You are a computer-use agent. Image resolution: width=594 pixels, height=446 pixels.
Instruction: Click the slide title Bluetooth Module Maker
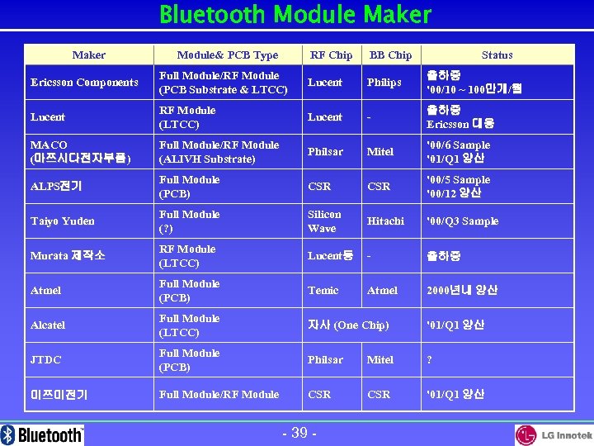[295, 15]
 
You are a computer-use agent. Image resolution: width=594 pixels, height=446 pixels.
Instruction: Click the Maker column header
[89, 55]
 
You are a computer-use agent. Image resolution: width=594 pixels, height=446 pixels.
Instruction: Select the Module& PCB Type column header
[228, 55]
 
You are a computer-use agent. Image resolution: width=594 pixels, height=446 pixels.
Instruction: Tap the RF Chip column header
[331, 55]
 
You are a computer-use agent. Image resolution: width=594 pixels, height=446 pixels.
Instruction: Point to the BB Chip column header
[390, 55]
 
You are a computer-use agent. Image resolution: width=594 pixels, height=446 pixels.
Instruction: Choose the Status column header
[497, 55]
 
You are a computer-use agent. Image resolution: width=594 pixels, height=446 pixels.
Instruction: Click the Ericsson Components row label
[84, 83]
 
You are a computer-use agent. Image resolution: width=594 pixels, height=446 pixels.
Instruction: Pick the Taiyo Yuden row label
[62, 221]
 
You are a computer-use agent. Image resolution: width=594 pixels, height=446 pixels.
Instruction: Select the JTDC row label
[45, 360]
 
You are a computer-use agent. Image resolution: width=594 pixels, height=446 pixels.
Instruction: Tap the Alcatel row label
[47, 325]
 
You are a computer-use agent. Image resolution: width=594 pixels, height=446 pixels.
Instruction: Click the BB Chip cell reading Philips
[384, 83]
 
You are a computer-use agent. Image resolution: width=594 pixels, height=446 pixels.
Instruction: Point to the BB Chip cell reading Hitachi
[386, 221]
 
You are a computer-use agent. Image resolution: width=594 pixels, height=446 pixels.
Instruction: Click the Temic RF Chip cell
[323, 291]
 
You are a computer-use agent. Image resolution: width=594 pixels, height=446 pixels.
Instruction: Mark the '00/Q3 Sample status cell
[462, 221]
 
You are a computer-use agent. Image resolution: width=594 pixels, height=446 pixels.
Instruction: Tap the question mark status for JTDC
[429, 360]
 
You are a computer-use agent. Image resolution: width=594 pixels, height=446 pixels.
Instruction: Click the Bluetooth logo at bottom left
[43, 434]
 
